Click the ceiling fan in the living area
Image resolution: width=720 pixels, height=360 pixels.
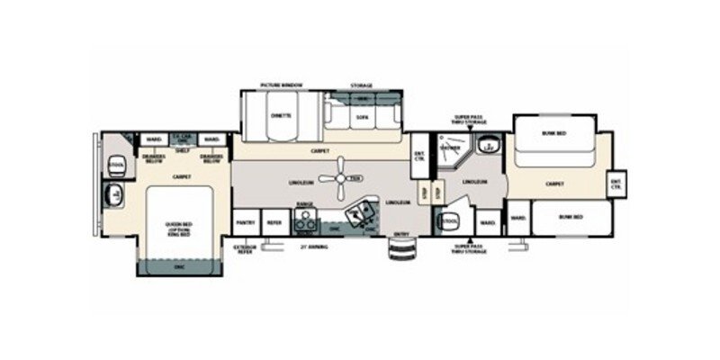[340, 177]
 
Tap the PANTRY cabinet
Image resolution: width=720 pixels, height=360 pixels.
[244, 222]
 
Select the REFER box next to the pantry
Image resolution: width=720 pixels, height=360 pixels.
[274, 222]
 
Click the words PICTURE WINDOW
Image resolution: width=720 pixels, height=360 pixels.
[281, 85]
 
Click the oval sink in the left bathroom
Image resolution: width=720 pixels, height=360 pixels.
[115, 193]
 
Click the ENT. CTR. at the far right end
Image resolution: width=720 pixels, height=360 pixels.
[616, 184]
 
